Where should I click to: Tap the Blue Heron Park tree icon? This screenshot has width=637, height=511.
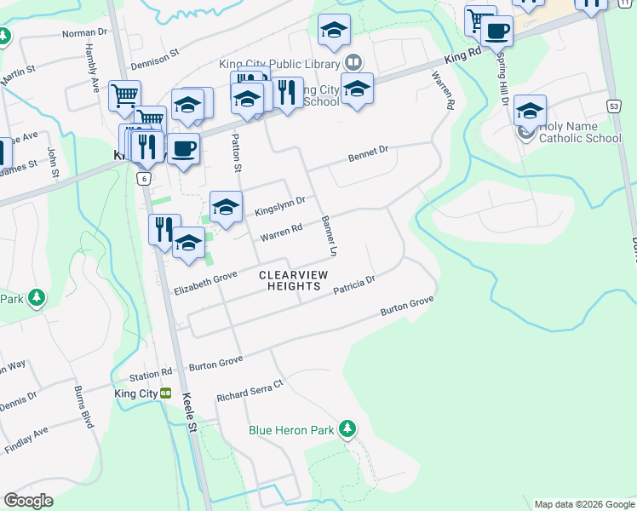pos(347,428)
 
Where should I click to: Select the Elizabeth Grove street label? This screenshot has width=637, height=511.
pos(205,284)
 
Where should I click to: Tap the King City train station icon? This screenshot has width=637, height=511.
pos(166,393)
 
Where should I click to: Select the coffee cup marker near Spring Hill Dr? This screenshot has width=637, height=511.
pos(496,32)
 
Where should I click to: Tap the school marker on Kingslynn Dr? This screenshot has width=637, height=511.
pos(226,207)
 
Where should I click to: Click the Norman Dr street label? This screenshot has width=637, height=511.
pos(86,34)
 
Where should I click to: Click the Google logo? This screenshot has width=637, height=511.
pos(28,501)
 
